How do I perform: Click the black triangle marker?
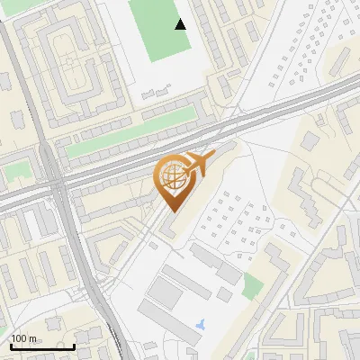point(181,24)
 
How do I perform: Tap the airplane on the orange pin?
point(198,163)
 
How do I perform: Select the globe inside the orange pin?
point(171,177)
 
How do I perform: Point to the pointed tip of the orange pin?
point(171,211)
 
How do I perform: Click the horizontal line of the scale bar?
point(42,346)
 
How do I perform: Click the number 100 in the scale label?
point(21,338)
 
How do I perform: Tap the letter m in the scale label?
point(34,338)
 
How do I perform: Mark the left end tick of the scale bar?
point(11,345)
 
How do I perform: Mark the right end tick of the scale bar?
point(74,345)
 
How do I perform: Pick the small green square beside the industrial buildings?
point(253,286)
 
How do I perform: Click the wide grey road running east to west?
point(270,117)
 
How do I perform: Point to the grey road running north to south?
point(76,261)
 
